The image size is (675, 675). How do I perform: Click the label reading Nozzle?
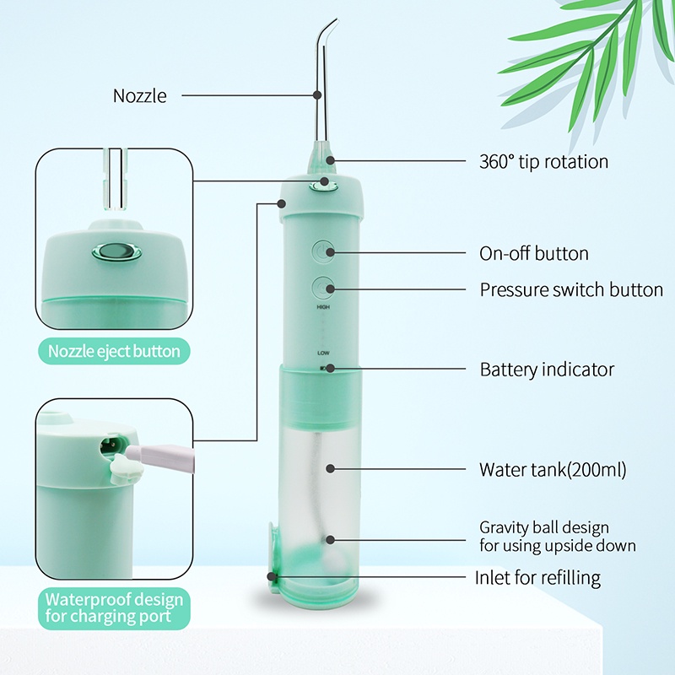[x=140, y=95]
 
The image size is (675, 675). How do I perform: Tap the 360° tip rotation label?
[x=543, y=161]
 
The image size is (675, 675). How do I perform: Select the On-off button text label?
[x=534, y=253]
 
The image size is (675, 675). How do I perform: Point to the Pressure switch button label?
[x=571, y=289]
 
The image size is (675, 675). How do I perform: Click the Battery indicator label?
[x=547, y=369]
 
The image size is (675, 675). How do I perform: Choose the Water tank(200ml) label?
[x=553, y=469]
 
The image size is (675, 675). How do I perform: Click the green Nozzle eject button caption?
[x=114, y=350]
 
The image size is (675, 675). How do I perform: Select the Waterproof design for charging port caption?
[x=114, y=607]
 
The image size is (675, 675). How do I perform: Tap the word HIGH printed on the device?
[x=322, y=308]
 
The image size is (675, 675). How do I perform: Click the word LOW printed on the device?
[x=323, y=352]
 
